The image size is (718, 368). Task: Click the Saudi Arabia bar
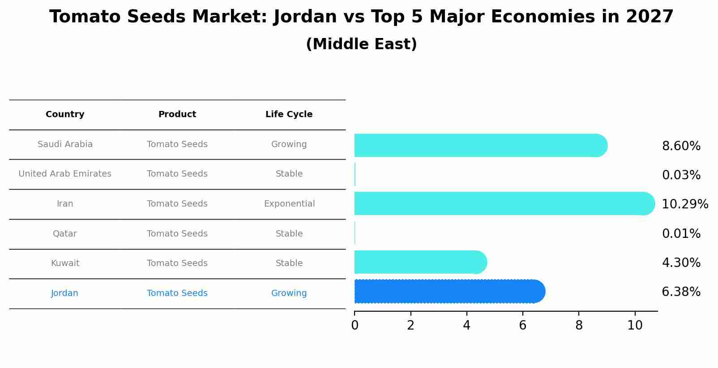pyautogui.click(x=479, y=145)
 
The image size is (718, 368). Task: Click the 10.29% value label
pyautogui.click(x=684, y=204)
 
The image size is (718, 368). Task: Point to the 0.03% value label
pyautogui.click(x=681, y=175)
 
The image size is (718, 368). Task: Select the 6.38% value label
pyautogui.click(x=681, y=292)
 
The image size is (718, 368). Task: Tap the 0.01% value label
pyautogui.click(x=681, y=234)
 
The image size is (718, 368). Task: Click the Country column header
pyautogui.click(x=65, y=114)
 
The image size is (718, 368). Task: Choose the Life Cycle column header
pyautogui.click(x=289, y=114)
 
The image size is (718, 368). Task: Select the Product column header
pyautogui.click(x=177, y=114)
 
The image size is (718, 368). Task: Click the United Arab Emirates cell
pyautogui.click(x=65, y=174)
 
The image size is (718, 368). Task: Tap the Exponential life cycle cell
pyautogui.click(x=289, y=204)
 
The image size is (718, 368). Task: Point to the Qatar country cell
pyautogui.click(x=65, y=234)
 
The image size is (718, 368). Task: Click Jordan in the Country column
pyautogui.click(x=64, y=293)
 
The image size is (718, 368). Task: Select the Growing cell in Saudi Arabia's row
pyautogui.click(x=289, y=144)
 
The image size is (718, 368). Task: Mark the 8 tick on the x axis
pyautogui.click(x=579, y=325)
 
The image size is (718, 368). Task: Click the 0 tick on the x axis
pyautogui.click(x=355, y=325)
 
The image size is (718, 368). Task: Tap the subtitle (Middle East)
pyautogui.click(x=361, y=44)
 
